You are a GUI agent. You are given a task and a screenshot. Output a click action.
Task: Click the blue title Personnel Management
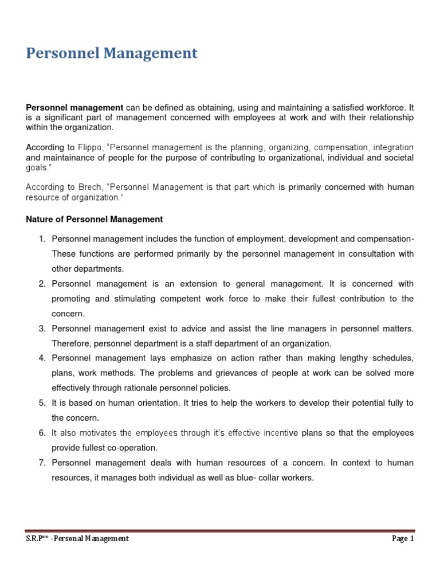click(x=112, y=54)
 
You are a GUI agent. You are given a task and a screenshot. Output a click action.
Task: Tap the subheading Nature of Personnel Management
click(x=95, y=219)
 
